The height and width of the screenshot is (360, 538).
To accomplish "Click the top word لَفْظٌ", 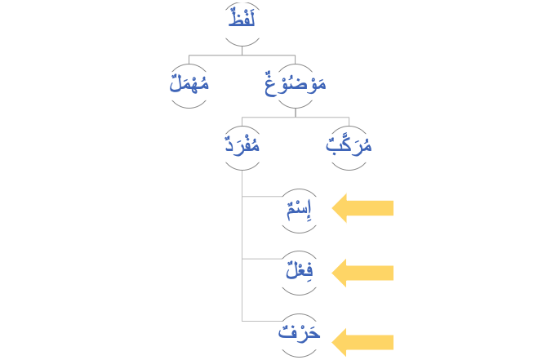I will pyautogui.click(x=242, y=18).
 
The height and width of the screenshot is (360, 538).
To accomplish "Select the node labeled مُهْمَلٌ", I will pyautogui.click(x=189, y=82).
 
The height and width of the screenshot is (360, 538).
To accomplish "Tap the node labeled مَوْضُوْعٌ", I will pyautogui.click(x=295, y=82).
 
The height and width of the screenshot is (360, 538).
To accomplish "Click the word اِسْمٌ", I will pyautogui.click(x=298, y=210).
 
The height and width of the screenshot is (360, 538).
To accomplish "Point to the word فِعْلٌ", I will pyautogui.click(x=298, y=272).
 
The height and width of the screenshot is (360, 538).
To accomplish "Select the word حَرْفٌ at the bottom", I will pyautogui.click(x=298, y=335).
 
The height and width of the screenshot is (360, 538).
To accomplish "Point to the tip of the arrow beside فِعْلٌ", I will pyautogui.click(x=331, y=273).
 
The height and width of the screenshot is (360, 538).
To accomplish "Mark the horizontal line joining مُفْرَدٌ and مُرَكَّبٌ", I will pyautogui.click(x=296, y=118).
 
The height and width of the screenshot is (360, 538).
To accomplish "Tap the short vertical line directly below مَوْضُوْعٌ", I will pyautogui.click(x=296, y=109).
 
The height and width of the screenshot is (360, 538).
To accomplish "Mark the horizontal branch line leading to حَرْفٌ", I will pyautogui.click(x=261, y=321).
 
